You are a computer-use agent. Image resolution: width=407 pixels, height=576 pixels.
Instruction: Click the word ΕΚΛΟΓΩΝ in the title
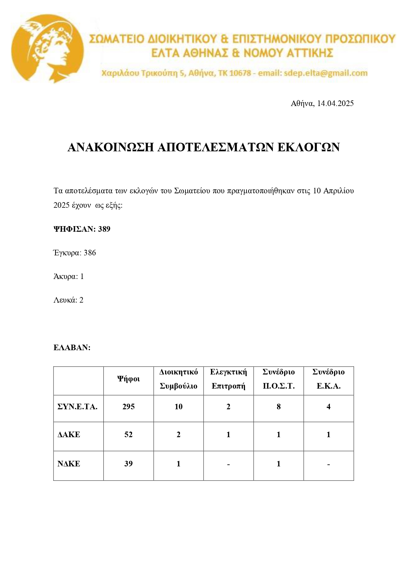point(308,147)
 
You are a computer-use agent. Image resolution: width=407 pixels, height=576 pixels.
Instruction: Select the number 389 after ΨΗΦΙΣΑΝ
point(104,229)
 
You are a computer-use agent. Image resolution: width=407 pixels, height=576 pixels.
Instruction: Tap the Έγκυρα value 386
point(90,253)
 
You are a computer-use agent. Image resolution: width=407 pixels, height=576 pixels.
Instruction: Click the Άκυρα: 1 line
point(69,276)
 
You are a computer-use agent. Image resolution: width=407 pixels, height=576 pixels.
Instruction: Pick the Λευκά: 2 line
point(68,300)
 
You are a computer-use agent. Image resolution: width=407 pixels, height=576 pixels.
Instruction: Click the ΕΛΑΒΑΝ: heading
point(72,348)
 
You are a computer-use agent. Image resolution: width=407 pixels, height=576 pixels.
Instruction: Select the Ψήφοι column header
point(128,379)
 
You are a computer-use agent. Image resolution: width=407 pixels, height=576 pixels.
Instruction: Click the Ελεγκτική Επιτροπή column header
point(228,379)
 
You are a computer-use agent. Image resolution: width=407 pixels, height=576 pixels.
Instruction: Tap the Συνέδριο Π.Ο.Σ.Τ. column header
point(278,379)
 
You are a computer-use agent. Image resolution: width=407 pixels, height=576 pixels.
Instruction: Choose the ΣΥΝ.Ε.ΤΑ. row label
point(77,407)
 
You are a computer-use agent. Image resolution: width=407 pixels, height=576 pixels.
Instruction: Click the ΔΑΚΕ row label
point(69,435)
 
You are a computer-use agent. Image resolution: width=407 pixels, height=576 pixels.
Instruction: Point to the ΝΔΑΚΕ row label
point(69,464)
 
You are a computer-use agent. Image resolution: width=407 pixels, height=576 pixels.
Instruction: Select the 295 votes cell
point(128,407)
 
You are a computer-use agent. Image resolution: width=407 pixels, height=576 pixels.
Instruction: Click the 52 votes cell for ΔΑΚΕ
point(128,435)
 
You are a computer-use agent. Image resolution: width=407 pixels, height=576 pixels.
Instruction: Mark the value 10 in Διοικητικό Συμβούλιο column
point(179,407)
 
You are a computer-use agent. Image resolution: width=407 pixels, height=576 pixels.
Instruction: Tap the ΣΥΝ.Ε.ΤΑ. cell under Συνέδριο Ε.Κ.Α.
point(329,407)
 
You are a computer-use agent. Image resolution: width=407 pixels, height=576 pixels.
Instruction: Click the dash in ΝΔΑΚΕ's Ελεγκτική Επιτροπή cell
point(228,464)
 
